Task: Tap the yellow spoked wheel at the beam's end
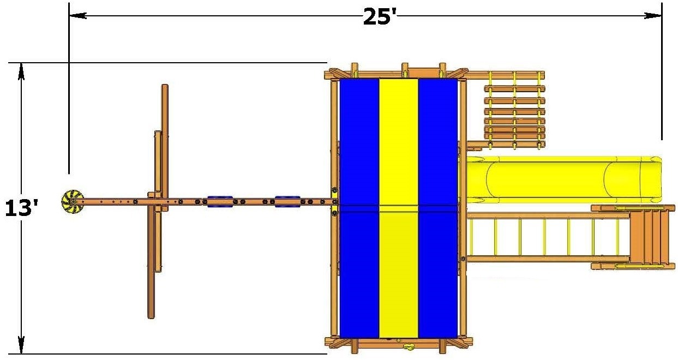pyautogui.click(x=72, y=201)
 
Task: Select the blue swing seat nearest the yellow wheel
pyautogui.click(x=219, y=202)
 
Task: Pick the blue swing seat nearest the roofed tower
pyautogui.click(x=287, y=202)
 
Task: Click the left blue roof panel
pyautogui.click(x=359, y=207)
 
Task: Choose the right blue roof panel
pyautogui.click(x=437, y=207)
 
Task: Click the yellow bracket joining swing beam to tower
pyautogui.click(x=334, y=202)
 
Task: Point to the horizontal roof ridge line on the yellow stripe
pyautogui.click(x=398, y=206)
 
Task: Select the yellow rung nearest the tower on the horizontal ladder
pyautogui.click(x=471, y=238)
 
